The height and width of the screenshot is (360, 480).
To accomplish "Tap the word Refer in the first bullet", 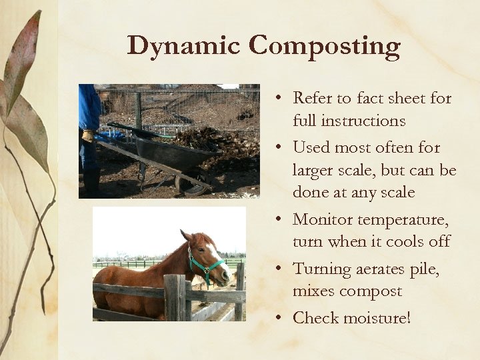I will click(x=313, y=99).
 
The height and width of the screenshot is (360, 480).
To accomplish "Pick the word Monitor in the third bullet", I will click(x=322, y=219).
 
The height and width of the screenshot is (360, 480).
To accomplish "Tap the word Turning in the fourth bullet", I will click(x=322, y=269).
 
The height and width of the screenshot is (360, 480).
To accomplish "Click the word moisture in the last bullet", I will click(x=377, y=318).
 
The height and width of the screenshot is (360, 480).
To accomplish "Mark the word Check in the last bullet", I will click(x=315, y=318).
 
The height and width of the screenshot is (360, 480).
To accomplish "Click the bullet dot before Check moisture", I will click(x=283, y=319).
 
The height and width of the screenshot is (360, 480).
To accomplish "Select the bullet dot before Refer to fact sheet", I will click(x=283, y=99).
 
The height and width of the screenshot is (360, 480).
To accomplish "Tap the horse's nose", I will click(x=226, y=274).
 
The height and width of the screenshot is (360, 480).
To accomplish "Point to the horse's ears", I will click(x=185, y=235).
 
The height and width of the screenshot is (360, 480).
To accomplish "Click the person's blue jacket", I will click(x=89, y=107).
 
